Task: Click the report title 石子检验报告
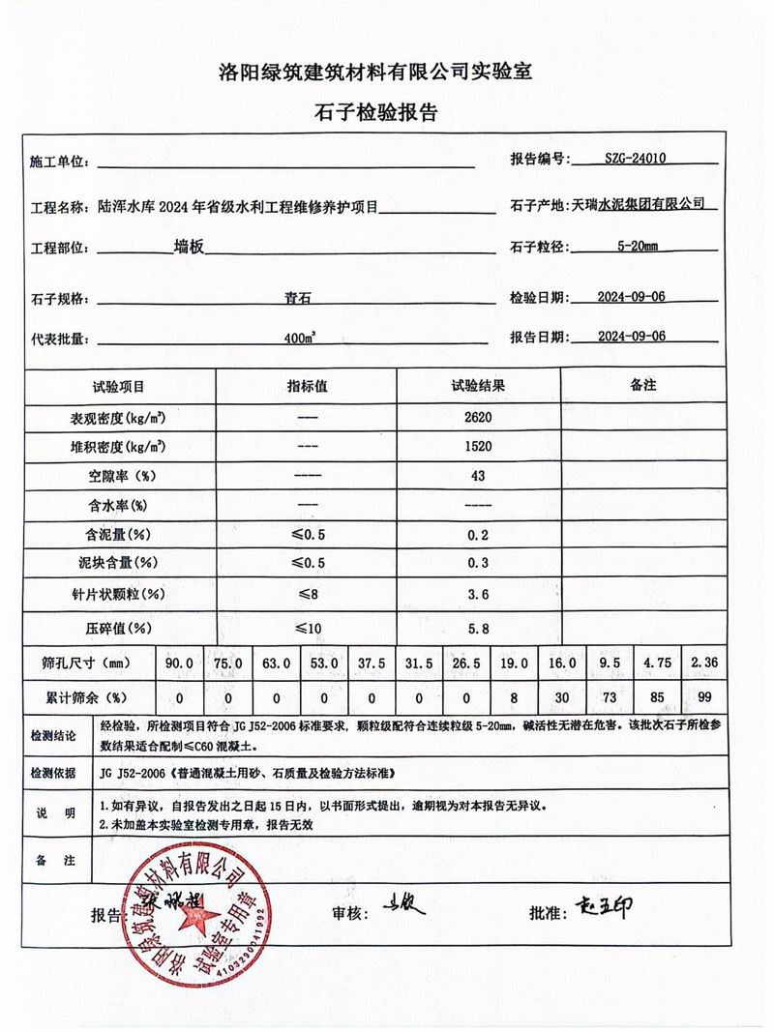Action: click(x=386, y=113)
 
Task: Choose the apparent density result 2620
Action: click(x=478, y=418)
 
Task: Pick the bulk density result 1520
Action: click(x=478, y=447)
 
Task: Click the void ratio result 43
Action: click(x=478, y=476)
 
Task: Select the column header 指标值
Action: click(x=308, y=386)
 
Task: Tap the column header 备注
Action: click(x=643, y=385)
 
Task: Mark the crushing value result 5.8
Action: click(x=478, y=629)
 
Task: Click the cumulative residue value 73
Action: click(x=610, y=696)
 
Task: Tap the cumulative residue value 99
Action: click(x=703, y=696)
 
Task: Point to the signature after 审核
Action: click(x=406, y=906)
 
